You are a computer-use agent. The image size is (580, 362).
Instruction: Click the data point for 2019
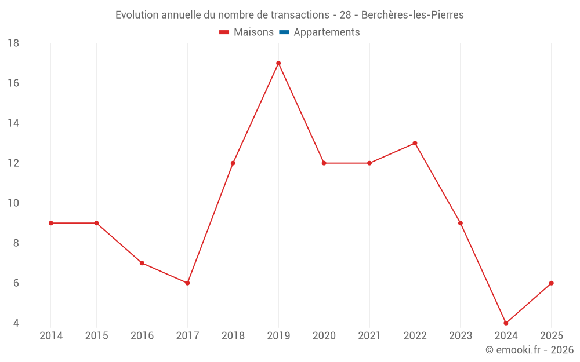278,63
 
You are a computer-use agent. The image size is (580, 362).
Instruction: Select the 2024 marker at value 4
506,323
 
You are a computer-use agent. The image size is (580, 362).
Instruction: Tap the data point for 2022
415,143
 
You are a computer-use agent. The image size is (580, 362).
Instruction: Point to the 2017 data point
187,283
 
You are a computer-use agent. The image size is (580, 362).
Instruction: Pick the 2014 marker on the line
51,223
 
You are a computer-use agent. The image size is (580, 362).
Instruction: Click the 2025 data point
552,283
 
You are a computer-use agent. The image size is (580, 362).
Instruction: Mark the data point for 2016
142,263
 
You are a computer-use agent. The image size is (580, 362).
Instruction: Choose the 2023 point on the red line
461,223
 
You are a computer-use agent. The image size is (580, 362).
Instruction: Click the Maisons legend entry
246,32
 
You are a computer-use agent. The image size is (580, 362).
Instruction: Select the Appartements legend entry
319,32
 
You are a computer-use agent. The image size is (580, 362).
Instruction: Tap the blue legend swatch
284,32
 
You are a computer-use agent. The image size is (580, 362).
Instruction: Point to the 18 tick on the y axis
13,43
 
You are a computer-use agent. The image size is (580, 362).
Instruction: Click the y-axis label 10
13,203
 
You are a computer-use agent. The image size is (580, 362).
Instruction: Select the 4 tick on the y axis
16,323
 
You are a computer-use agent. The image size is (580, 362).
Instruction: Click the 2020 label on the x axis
324,335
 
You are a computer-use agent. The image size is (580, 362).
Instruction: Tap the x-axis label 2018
233,335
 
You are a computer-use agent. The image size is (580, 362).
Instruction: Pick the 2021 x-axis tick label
369,335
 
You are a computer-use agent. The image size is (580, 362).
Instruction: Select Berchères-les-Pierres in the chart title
412,15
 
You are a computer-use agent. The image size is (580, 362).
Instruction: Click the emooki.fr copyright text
530,349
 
